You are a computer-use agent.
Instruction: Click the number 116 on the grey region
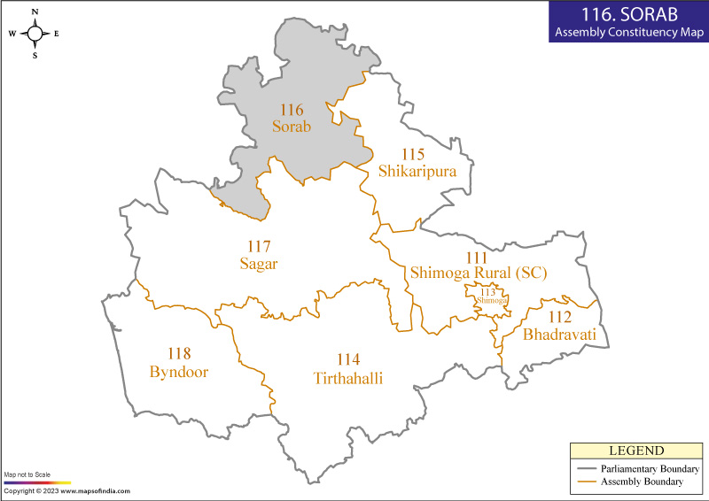[292, 110]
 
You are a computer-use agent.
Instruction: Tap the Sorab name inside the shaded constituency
[292, 127]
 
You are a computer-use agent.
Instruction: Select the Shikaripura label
[417, 171]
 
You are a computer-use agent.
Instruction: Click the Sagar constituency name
[258, 263]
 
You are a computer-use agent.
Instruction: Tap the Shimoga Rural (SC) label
[478, 274]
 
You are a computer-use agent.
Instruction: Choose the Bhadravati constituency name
[565, 335]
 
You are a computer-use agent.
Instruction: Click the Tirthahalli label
[354, 378]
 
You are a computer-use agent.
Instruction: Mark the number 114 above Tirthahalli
[348, 360]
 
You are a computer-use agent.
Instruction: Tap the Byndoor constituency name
[184, 371]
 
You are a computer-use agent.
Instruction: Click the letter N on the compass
[35, 12]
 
